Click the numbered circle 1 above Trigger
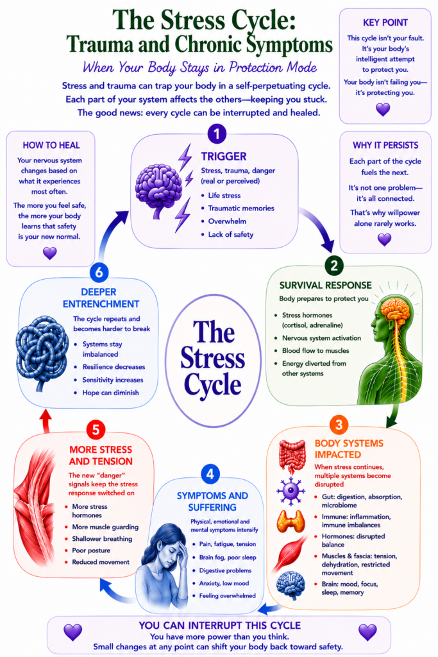tap(217, 134)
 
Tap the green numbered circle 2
tap(333, 266)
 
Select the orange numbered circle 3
tap(339, 425)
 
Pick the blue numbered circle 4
tap(210, 474)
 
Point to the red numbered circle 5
tap(96, 430)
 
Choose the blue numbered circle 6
tap(99, 272)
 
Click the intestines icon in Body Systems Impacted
tap(292, 456)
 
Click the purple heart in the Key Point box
tap(383, 109)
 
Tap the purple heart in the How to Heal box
tap(50, 253)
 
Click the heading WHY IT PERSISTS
tap(385, 146)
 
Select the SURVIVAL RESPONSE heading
tap(325, 286)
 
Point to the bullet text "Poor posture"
tap(91, 550)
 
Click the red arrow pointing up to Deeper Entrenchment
tap(46, 421)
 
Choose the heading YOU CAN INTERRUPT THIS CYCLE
tap(220, 626)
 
